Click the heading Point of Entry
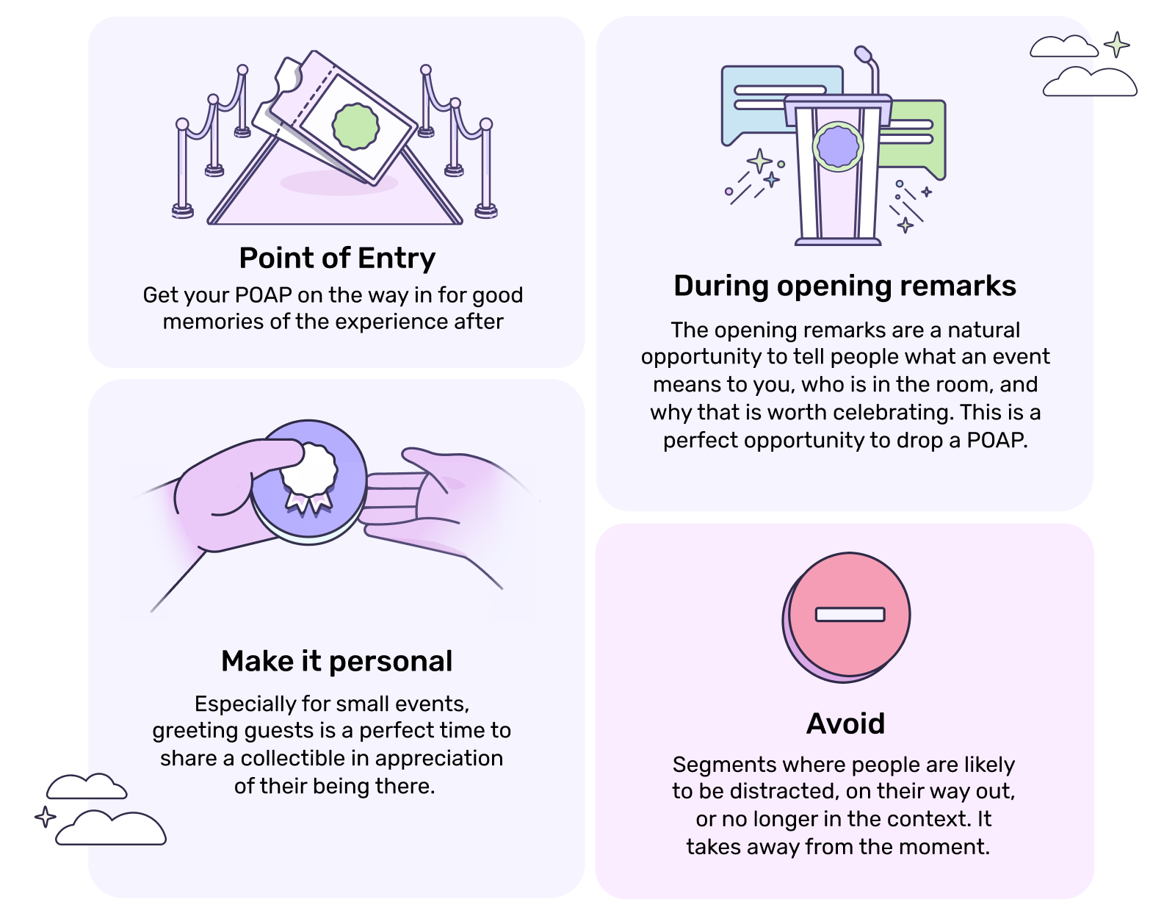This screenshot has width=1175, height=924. click(x=337, y=259)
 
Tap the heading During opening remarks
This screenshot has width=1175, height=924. click(x=845, y=286)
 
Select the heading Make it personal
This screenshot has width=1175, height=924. click(x=337, y=661)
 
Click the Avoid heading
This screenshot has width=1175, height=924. click(x=845, y=723)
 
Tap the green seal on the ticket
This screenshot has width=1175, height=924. click(x=355, y=126)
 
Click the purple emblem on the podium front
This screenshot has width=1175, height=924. click(x=838, y=147)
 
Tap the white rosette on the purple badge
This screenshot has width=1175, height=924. click(x=309, y=471)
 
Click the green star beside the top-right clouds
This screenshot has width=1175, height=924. click(x=1117, y=45)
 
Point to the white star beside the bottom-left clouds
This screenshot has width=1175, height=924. click(x=46, y=817)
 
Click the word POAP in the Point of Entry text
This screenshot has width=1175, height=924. click(x=263, y=295)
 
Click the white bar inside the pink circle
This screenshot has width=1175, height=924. click(x=850, y=614)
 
